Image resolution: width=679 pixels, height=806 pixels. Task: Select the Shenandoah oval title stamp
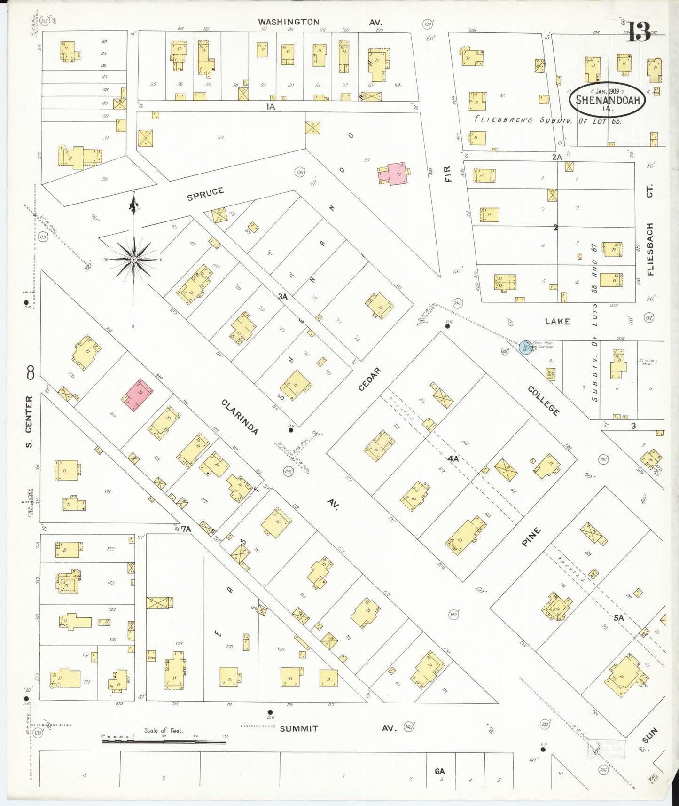(x=607, y=99)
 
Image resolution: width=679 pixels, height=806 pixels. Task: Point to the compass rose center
(x=134, y=259)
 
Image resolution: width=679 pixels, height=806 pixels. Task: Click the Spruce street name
(x=205, y=194)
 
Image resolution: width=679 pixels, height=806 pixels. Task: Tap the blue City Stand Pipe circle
(x=527, y=348)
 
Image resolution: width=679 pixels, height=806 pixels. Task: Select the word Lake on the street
(x=557, y=321)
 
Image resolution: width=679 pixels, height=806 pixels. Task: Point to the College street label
(x=544, y=401)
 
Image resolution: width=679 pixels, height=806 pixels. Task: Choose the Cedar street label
(x=370, y=379)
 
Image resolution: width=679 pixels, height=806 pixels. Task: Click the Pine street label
(x=531, y=537)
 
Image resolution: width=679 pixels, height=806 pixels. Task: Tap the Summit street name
(x=299, y=728)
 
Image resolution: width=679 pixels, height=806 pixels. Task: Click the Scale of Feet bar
(x=164, y=742)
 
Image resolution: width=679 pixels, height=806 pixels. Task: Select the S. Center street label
(x=29, y=421)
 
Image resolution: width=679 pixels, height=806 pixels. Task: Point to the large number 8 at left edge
(x=31, y=374)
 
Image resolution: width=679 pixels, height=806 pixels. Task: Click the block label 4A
(x=453, y=458)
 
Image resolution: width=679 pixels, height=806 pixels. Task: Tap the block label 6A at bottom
(x=439, y=771)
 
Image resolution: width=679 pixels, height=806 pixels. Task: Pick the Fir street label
(x=447, y=174)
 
